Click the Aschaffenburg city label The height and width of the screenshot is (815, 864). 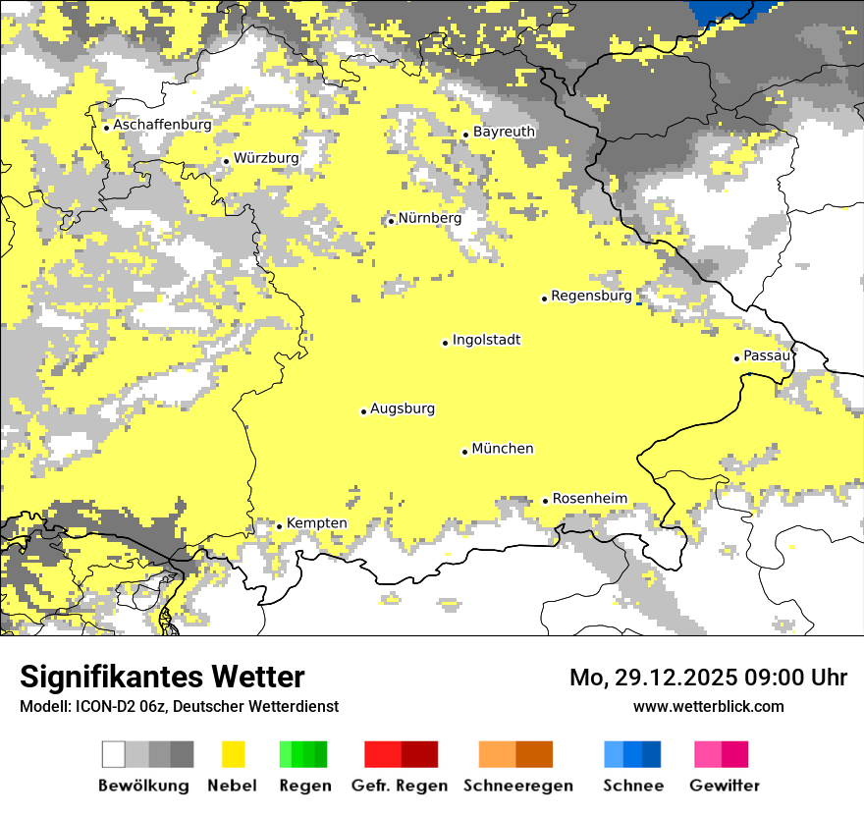point(162,126)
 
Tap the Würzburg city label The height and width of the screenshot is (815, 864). point(266,158)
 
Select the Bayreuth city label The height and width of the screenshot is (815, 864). point(504,132)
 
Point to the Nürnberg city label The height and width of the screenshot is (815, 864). point(429,218)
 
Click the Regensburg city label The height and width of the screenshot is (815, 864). point(591,296)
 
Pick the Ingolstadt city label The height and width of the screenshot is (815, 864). point(486,341)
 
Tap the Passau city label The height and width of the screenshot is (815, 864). point(766,355)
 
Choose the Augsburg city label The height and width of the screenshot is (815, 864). point(402,409)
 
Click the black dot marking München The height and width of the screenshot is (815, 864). point(464,452)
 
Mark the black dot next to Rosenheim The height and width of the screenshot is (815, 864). point(545,501)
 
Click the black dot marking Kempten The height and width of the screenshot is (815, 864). point(279,526)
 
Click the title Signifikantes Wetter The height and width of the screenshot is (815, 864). point(162,678)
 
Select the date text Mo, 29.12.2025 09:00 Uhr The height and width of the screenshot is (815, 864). point(708,678)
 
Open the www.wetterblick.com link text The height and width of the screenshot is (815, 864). point(708,706)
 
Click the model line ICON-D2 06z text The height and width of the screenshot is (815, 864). point(179,706)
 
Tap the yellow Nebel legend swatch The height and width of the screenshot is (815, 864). point(233,754)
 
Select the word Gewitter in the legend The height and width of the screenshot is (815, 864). point(724,786)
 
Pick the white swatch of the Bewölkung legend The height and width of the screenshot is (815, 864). point(114,754)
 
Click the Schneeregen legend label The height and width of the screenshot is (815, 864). point(517,786)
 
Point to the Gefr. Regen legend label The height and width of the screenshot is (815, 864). point(400,786)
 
